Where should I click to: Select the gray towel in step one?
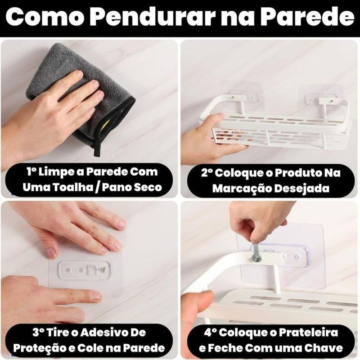tap(81, 96)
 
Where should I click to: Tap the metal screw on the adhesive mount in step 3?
tap(103, 269)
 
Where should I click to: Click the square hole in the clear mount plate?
tap(92, 270)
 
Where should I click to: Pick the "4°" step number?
tap(210, 333)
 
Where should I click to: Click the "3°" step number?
tap(38, 333)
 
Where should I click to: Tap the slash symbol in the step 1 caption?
tap(97, 188)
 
